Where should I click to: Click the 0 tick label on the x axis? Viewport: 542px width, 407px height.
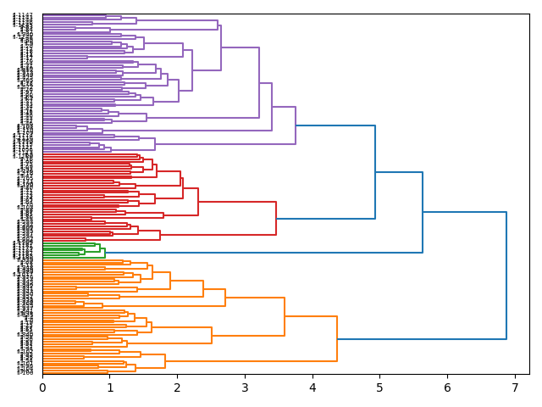click(x=42, y=387)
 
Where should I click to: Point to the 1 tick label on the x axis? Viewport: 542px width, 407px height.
click(x=110, y=387)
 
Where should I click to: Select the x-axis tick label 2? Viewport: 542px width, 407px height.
click(x=177, y=387)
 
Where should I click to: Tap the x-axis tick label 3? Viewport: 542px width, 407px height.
click(x=245, y=387)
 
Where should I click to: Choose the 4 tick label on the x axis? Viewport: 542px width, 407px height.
click(x=312, y=387)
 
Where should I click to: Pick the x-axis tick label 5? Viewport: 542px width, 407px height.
click(x=379, y=387)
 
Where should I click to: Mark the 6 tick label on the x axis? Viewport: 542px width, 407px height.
click(x=447, y=387)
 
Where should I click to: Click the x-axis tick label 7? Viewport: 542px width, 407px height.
click(x=515, y=387)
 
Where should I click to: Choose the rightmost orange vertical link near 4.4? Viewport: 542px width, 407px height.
click(x=337, y=339)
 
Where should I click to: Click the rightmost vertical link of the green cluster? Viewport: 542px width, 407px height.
click(x=105, y=252)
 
